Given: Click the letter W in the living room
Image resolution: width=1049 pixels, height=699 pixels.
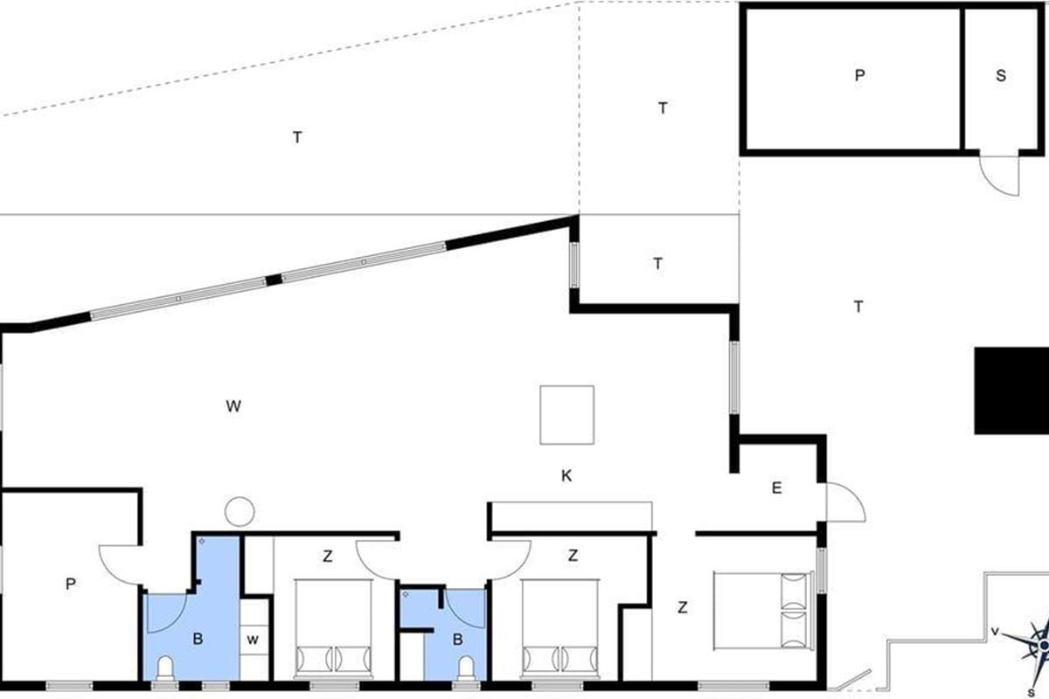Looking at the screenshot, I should (233, 405).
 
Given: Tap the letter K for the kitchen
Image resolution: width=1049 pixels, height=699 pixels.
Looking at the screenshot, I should (566, 475).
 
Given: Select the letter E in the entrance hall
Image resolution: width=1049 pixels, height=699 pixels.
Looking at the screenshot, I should (776, 488).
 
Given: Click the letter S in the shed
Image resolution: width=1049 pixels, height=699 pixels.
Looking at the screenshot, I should (1001, 76).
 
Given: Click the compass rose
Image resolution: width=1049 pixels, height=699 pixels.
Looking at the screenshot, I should (1039, 643).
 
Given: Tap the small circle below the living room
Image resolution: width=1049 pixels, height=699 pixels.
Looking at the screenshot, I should (239, 510).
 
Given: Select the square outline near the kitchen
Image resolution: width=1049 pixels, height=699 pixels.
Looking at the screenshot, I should (566, 415).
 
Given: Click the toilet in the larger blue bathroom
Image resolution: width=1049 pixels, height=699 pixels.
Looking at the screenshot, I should (166, 668).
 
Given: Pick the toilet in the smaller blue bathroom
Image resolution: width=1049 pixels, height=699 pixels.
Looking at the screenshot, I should (466, 669).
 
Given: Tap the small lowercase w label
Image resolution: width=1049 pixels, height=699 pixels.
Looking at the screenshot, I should (253, 639).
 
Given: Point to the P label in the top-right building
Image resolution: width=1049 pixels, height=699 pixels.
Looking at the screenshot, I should (859, 76).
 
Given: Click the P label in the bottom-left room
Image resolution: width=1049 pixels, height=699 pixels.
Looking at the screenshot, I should (70, 585).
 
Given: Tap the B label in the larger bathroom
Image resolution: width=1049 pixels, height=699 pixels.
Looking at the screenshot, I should (198, 639).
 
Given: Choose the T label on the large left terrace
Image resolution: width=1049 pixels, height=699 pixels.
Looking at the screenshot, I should (297, 137).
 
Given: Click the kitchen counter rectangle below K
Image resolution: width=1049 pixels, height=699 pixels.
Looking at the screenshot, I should (571, 516).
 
